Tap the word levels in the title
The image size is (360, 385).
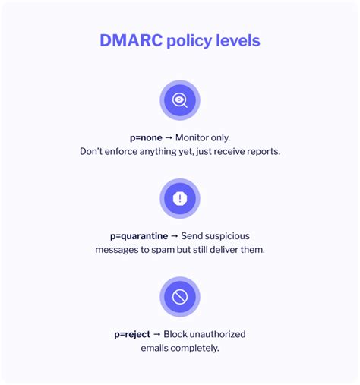click(x=237, y=40)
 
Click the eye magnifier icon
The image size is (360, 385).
click(x=180, y=100)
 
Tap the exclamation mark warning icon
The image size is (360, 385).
click(x=180, y=198)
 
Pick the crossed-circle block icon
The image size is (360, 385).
click(x=180, y=297)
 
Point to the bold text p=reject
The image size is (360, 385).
click(x=134, y=334)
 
